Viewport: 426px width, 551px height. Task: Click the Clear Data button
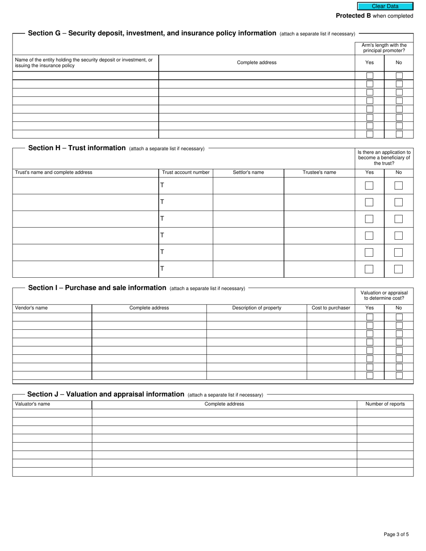[x=385, y=6]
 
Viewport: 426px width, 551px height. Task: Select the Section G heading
[x=152, y=33]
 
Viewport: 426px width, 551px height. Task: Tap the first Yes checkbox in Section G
[x=369, y=76]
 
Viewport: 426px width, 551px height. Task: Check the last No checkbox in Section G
[x=399, y=134]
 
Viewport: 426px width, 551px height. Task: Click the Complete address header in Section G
[x=256, y=63]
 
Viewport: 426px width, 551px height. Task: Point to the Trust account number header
[x=186, y=172]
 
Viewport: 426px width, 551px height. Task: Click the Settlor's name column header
[x=248, y=172]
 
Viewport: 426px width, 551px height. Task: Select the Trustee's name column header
[x=319, y=172]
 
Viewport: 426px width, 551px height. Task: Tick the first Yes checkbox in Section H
[x=369, y=185]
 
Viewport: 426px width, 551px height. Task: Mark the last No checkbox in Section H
[x=398, y=269]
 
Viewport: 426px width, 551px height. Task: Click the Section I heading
[x=97, y=288]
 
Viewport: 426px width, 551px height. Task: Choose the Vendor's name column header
[x=31, y=308]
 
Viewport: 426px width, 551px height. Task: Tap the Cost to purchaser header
[x=330, y=308]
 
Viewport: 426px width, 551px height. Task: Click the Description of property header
[x=256, y=308]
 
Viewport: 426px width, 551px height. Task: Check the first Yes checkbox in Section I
[x=369, y=317]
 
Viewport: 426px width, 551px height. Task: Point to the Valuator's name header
[x=33, y=404]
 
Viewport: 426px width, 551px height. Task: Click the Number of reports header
[x=385, y=404]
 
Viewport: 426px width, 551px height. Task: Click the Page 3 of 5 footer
[x=396, y=534]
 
